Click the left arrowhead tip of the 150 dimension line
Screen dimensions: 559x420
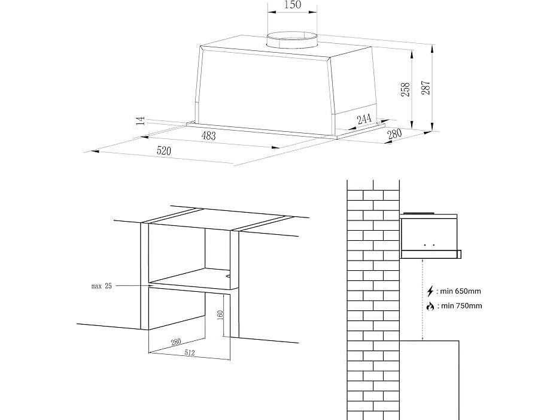click(268, 12)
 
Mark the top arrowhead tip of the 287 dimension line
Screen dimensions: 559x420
click(433, 45)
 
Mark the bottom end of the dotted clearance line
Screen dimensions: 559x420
click(422, 340)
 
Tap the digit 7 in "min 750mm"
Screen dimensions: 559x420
click(458, 306)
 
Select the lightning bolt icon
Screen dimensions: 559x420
click(430, 291)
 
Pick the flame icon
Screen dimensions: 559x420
click(430, 306)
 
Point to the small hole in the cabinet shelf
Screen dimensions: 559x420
click(228, 275)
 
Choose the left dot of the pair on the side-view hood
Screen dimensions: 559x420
click(425, 245)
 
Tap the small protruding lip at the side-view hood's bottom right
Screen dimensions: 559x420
click(459, 254)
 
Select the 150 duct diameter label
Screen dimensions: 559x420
click(293, 5)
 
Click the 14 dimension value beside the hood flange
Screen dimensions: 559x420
click(141, 120)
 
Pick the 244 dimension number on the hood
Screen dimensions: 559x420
click(364, 119)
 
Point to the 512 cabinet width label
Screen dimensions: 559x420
click(190, 353)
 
